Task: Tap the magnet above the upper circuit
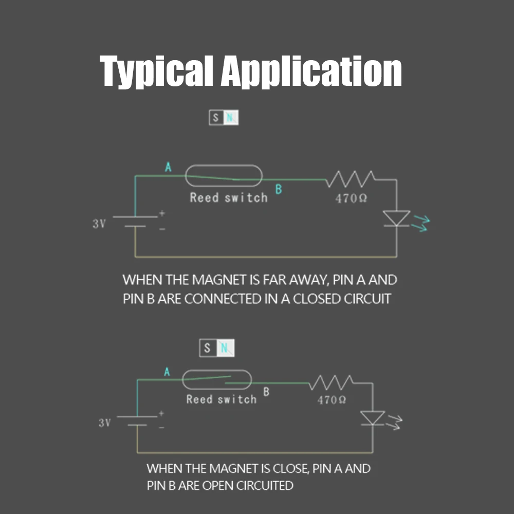coord(224,118)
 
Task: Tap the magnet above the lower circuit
coord(217,348)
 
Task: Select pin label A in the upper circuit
coord(168,167)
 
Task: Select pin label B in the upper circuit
coord(279,189)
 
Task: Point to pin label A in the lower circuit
coord(167,372)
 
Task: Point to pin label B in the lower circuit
coord(266,392)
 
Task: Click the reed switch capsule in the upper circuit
coord(224,176)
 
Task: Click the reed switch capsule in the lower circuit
coord(217,379)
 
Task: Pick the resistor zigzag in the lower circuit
coord(331,382)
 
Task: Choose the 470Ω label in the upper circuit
coord(351,198)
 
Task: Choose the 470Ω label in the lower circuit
coord(332,400)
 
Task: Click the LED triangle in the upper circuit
coord(397,218)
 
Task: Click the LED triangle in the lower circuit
coord(372,418)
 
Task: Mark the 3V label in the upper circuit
coord(99,224)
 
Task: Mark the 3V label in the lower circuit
coord(104,423)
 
